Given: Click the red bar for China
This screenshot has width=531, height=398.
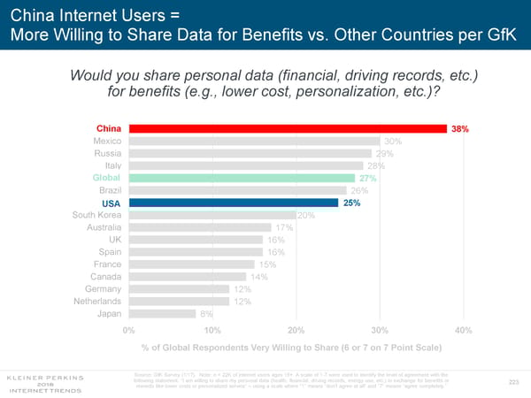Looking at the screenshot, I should (288, 128).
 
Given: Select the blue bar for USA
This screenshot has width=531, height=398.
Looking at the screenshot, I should (234, 203).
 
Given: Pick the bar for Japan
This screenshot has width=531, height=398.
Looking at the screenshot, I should (162, 313).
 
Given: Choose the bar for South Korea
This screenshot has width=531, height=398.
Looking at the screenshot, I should (212, 215).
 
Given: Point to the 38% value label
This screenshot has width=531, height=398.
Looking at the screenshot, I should (459, 128).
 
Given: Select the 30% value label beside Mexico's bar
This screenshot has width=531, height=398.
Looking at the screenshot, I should (393, 141).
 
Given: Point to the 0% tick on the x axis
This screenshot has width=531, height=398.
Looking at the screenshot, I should (128, 330).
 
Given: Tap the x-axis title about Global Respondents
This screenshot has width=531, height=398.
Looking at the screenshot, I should (291, 347).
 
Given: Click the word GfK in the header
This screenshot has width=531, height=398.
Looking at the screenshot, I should (498, 38).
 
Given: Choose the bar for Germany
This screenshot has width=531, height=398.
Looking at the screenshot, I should (179, 288).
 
